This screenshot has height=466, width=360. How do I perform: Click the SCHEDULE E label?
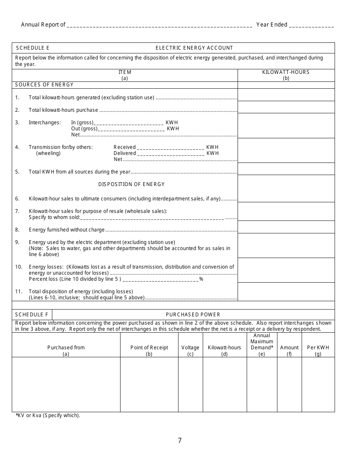32,48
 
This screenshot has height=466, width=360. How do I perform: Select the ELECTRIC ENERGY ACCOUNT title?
194,48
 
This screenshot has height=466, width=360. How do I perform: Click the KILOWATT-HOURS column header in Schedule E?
286,75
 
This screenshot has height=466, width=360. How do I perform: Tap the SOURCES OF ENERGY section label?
44,84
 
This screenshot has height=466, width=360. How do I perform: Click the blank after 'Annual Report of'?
159,25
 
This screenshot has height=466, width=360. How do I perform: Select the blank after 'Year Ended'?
311,25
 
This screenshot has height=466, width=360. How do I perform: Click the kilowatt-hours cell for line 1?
286,95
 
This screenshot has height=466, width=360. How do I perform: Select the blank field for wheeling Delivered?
171,153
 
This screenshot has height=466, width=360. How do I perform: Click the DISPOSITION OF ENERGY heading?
131,184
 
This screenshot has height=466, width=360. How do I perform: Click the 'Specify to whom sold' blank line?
152,218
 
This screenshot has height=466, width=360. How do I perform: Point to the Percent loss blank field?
161,279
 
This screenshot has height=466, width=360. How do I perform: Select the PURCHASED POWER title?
193,314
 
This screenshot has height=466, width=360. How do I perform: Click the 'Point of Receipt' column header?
149,350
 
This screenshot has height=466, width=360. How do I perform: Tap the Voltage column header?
190,350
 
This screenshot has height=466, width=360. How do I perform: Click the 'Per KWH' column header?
318,350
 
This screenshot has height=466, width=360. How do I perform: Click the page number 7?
180,441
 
